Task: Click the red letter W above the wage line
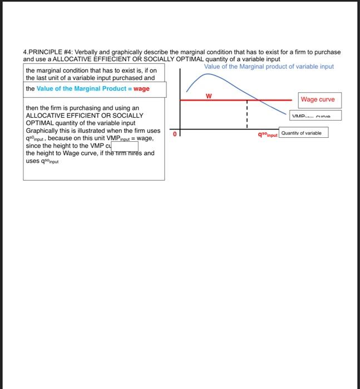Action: coord(209,96)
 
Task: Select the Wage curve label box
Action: coord(317,99)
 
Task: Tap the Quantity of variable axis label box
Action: coord(304,133)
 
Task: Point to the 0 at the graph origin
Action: coord(174,134)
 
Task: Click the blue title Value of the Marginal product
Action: coord(269,66)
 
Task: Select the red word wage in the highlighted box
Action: coord(141,88)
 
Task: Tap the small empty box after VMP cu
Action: coord(126,146)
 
